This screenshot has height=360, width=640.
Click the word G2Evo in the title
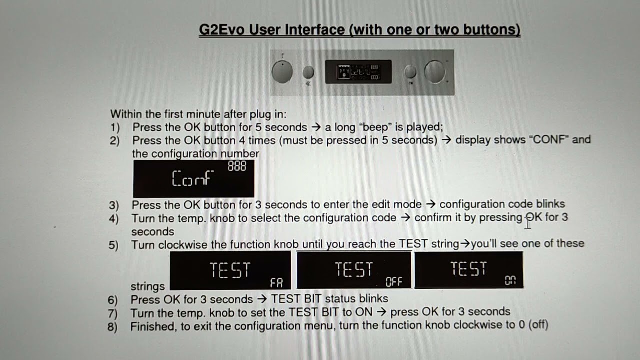pos(221,30)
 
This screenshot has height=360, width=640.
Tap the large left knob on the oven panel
pos(282,72)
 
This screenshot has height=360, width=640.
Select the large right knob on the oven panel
pos(435,72)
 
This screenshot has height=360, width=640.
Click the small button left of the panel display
pos(308,72)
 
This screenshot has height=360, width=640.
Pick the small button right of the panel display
pos(410,72)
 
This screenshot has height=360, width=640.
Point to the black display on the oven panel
pos(358,72)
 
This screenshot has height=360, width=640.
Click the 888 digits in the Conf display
pos(237,166)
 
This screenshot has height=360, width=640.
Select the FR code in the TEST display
pos(276,283)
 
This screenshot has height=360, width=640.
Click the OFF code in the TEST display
pos(394,282)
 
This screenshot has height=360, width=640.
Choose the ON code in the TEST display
pos(510,280)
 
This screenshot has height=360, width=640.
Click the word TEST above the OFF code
pos(354,269)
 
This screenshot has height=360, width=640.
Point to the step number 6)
pos(113,300)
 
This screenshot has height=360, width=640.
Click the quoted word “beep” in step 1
pos(375,127)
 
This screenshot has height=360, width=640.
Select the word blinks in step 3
pos(550,204)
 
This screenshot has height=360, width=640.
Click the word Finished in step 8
pos(153,326)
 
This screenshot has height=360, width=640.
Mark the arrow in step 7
pos(381,312)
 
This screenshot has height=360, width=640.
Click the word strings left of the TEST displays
pos(147,286)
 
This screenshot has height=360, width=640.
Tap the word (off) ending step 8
pos(538,325)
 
